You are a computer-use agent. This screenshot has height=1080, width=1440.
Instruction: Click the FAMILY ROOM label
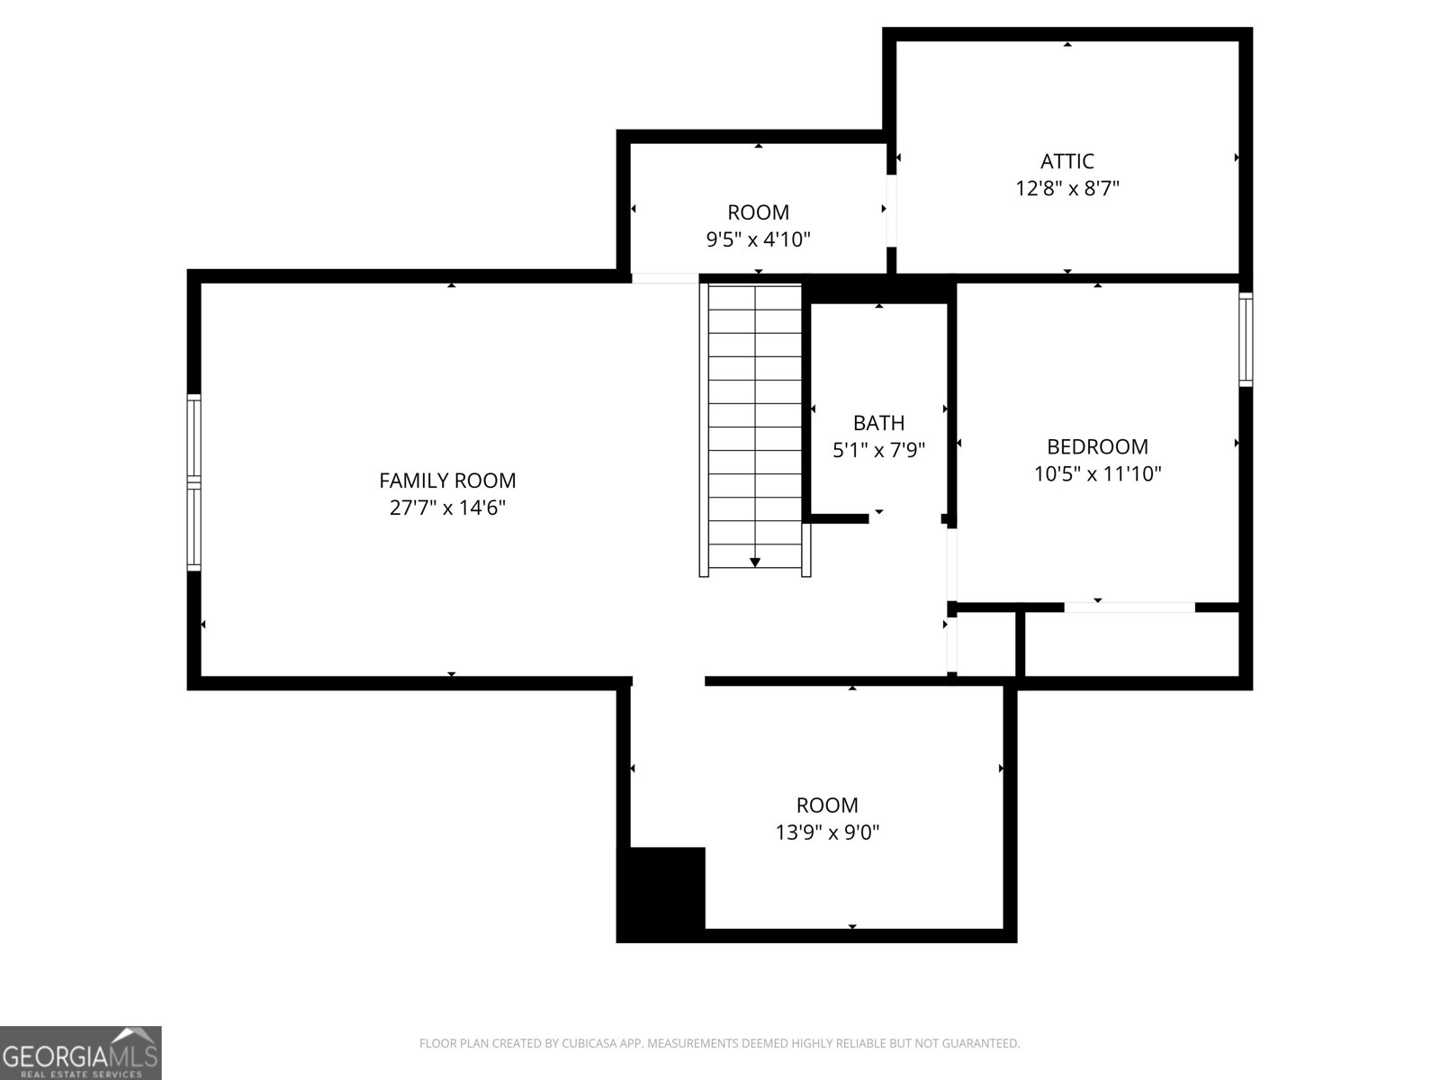click(x=447, y=481)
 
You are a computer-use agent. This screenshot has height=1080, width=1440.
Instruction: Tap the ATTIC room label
click(x=1067, y=161)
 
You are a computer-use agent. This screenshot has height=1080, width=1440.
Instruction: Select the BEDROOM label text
click(x=1097, y=446)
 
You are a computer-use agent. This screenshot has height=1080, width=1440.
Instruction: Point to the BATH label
click(x=878, y=422)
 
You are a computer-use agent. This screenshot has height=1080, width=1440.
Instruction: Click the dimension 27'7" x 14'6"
click(x=447, y=508)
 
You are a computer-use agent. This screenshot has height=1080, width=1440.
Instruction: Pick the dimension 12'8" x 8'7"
click(x=1067, y=189)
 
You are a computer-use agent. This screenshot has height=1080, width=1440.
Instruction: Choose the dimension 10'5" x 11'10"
click(x=1097, y=474)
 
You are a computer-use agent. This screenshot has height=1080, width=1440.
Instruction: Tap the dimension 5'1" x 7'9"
click(x=878, y=450)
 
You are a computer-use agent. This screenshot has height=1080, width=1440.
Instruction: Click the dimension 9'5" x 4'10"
click(x=759, y=239)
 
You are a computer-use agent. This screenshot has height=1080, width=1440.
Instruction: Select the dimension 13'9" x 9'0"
click(x=827, y=832)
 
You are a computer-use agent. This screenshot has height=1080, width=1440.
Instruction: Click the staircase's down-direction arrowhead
click(x=755, y=562)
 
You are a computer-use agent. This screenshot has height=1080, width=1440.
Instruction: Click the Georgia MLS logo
click(x=81, y=1052)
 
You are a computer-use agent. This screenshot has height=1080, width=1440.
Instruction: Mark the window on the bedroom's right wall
click(x=1246, y=339)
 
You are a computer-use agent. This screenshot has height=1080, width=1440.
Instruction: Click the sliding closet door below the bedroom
click(x=1129, y=607)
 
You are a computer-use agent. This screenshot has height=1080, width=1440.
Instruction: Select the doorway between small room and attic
click(x=891, y=211)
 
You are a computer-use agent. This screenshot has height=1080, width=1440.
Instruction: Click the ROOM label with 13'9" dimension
click(x=827, y=805)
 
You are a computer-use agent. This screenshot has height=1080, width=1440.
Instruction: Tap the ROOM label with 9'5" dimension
click(x=759, y=212)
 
